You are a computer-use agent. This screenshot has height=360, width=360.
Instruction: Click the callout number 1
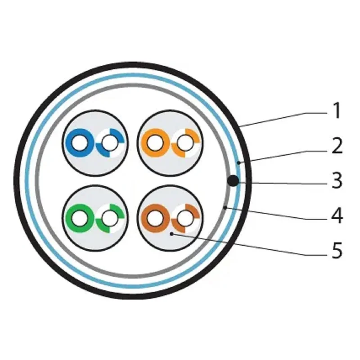click(x=337, y=111)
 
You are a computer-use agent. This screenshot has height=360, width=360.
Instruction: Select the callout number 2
click(x=337, y=145)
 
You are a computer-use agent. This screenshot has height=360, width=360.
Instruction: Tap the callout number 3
click(x=337, y=181)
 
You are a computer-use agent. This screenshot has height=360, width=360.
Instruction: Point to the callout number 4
click(x=337, y=216)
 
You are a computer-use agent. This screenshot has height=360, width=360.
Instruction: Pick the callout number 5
click(x=337, y=250)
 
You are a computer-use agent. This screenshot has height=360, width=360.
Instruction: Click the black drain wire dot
click(x=233, y=181)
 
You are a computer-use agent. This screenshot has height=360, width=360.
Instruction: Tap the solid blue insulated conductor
click(x=80, y=143)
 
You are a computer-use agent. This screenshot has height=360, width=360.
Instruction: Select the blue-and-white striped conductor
click(x=110, y=143)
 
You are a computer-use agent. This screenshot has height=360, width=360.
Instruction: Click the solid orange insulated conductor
click(x=155, y=143)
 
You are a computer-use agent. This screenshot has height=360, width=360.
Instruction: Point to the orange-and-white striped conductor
click(x=185, y=143)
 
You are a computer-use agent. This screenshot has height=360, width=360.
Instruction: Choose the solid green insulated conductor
click(x=80, y=218)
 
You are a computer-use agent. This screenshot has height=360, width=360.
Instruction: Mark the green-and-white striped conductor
click(x=110, y=218)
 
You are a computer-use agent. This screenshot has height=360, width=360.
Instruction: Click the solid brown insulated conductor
click(x=155, y=218)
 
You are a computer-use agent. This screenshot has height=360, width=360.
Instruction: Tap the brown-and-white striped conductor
click(x=185, y=218)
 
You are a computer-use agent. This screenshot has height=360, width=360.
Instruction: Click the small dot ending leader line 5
click(x=171, y=234)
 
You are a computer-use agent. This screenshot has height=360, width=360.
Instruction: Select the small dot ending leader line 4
click(x=225, y=207)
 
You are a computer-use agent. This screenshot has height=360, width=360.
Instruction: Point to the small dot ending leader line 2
click(x=239, y=163)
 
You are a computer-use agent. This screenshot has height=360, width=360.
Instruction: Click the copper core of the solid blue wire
click(x=80, y=143)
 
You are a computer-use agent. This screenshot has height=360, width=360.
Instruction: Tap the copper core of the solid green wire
click(x=80, y=218)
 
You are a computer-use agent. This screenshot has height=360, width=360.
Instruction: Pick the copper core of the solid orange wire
click(x=155, y=143)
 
